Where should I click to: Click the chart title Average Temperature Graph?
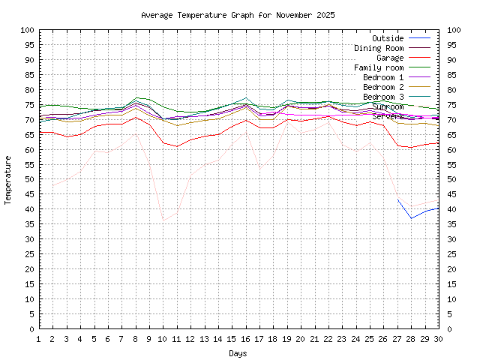point(238,15)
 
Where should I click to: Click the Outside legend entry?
point(388,38)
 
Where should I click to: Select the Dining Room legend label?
point(379,48)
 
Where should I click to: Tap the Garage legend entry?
point(390,58)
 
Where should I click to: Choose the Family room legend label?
point(379,67)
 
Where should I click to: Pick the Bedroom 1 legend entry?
point(383,77)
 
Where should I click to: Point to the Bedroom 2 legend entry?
point(383,87)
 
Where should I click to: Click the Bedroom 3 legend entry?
point(383,97)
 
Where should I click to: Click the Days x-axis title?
point(238,352)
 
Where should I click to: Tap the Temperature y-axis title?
point(9,180)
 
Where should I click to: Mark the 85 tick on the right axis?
point(451,75)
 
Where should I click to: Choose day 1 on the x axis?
point(39,339)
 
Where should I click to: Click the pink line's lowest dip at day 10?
point(163,220)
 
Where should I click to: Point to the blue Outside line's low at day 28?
point(411,218)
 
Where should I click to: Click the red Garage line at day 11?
point(177,146)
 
